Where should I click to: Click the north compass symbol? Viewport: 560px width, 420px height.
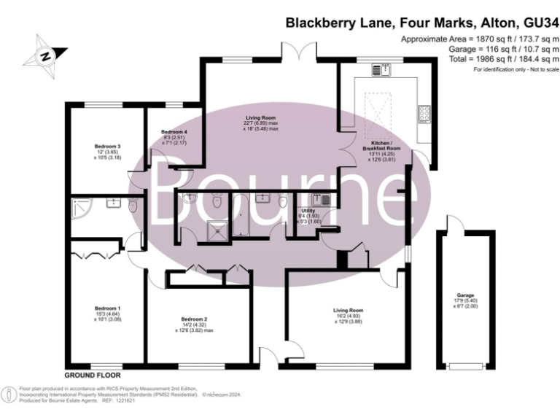coord(44,56)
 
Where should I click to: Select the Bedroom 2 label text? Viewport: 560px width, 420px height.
coord(194,319)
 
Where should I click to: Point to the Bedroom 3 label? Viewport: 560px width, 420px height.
coord(107,147)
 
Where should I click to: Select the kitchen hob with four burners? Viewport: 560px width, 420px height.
coord(423,114)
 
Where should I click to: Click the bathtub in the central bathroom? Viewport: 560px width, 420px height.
coord(240,215)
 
